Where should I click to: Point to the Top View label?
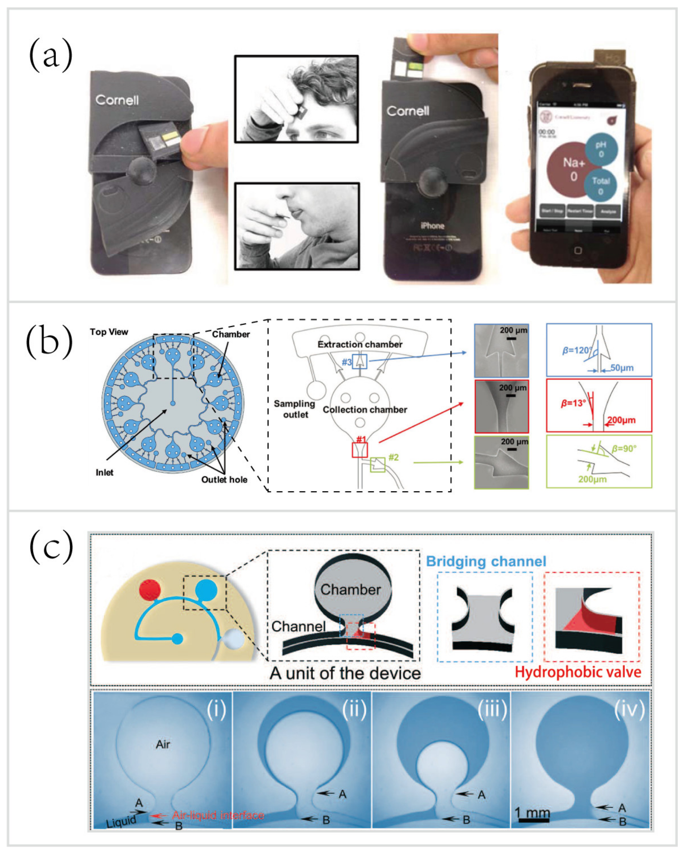pos(109,332)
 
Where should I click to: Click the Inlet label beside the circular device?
pos(104,472)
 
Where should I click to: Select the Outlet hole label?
pos(224,479)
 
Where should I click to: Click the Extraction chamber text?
pos(360,344)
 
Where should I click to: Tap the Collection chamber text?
pos(365,409)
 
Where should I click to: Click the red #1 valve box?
pos(360,450)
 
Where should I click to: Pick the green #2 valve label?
pos(393,457)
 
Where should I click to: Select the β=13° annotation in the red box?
pos(573,403)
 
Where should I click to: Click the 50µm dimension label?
pos(622,368)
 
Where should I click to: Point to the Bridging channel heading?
pos(486,561)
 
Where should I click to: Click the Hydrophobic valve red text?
pos(578,672)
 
